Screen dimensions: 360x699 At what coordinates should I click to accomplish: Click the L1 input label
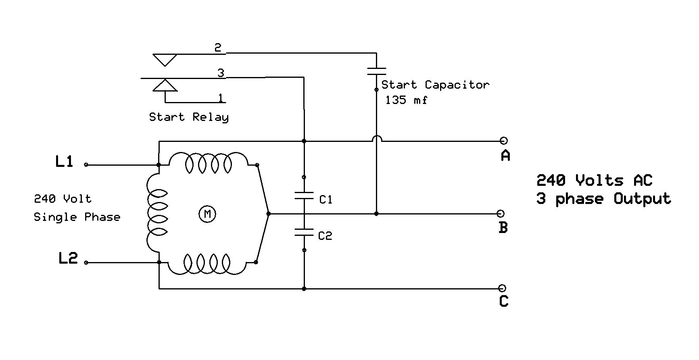[x=64, y=162]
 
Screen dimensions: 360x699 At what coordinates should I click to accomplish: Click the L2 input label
[x=68, y=258]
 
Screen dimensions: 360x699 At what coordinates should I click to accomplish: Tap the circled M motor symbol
[x=207, y=214]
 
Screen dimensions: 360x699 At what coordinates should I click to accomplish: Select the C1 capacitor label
[x=326, y=200]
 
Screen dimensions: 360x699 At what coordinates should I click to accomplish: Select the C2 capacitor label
[x=325, y=236]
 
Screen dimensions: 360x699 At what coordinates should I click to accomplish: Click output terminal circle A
[x=503, y=141]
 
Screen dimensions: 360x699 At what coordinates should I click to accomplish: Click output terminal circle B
[x=501, y=214]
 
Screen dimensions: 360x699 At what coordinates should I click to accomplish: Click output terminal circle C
[x=502, y=288]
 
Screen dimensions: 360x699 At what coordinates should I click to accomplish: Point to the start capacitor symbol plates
[x=376, y=71]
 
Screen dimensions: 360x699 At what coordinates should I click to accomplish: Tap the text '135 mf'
[x=406, y=100]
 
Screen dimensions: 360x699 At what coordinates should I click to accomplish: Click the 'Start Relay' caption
[x=189, y=117]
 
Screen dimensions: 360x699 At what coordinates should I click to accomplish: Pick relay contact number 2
[x=218, y=48]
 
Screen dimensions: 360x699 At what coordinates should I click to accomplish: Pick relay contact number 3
[x=221, y=73]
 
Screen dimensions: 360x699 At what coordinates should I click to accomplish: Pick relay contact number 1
[x=221, y=98]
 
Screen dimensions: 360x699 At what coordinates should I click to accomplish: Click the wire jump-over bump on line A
[x=376, y=138]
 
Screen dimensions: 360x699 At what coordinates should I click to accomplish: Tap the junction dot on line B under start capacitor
[x=376, y=214]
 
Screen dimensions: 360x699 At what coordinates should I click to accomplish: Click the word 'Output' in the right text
[x=642, y=199]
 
